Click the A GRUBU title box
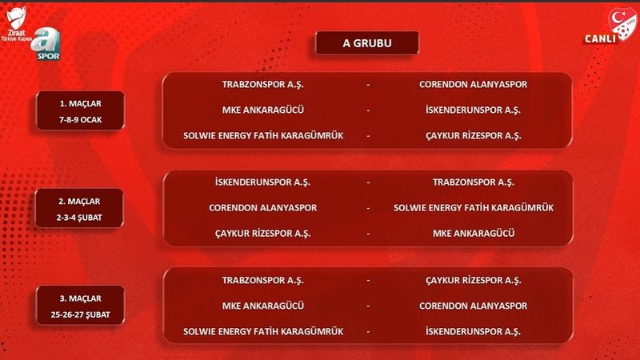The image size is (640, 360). click(367, 43)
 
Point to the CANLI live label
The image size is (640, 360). click(599, 38)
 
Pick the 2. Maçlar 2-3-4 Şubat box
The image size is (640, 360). click(79, 208)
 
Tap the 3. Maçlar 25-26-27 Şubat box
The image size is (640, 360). click(79, 305)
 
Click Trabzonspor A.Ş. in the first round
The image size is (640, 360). click(263, 83)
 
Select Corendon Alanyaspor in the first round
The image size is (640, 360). click(473, 83)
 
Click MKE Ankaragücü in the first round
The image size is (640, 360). click(263, 110)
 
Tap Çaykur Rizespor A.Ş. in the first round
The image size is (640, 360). click(473, 136)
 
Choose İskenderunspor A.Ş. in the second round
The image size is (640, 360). click(263, 182)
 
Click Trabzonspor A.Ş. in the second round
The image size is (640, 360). click(473, 182)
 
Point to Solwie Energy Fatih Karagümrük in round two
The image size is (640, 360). click(473, 208)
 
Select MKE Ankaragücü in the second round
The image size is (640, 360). click(473, 234)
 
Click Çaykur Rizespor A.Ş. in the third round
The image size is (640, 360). click(473, 280)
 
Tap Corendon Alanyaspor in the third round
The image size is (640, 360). click(473, 306)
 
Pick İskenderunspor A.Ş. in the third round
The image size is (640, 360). click(473, 331)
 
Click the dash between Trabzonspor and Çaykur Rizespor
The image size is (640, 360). click(368, 280)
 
